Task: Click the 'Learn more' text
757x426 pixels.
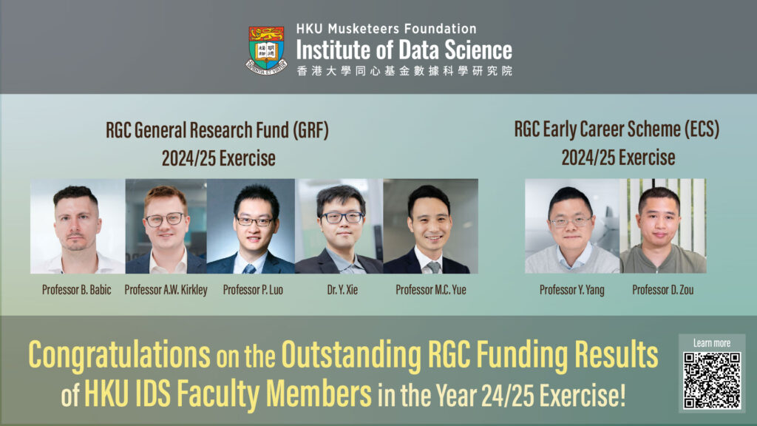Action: click(x=712, y=343)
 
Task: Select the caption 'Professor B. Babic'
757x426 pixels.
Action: click(x=77, y=290)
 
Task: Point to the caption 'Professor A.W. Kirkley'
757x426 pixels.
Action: click(x=166, y=290)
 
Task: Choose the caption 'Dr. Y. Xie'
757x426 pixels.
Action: click(x=339, y=290)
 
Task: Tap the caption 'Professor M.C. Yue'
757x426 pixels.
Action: click(x=430, y=290)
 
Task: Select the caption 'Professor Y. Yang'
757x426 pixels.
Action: click(x=571, y=290)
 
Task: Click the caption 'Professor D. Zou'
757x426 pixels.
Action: click(x=662, y=290)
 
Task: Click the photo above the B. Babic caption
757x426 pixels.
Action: click(x=77, y=226)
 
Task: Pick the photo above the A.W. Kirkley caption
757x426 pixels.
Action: click(x=166, y=226)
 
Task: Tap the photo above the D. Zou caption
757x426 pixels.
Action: click(x=662, y=226)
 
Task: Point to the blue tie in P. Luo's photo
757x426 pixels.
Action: click(x=251, y=267)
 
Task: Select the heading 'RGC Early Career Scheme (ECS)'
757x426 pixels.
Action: click(x=617, y=129)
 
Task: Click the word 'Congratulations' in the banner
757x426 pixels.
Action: click(x=119, y=356)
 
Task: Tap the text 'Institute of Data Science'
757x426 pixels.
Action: click(x=404, y=50)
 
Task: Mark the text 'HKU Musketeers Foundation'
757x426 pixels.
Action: click(x=386, y=29)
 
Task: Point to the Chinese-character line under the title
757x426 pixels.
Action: click(x=404, y=71)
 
